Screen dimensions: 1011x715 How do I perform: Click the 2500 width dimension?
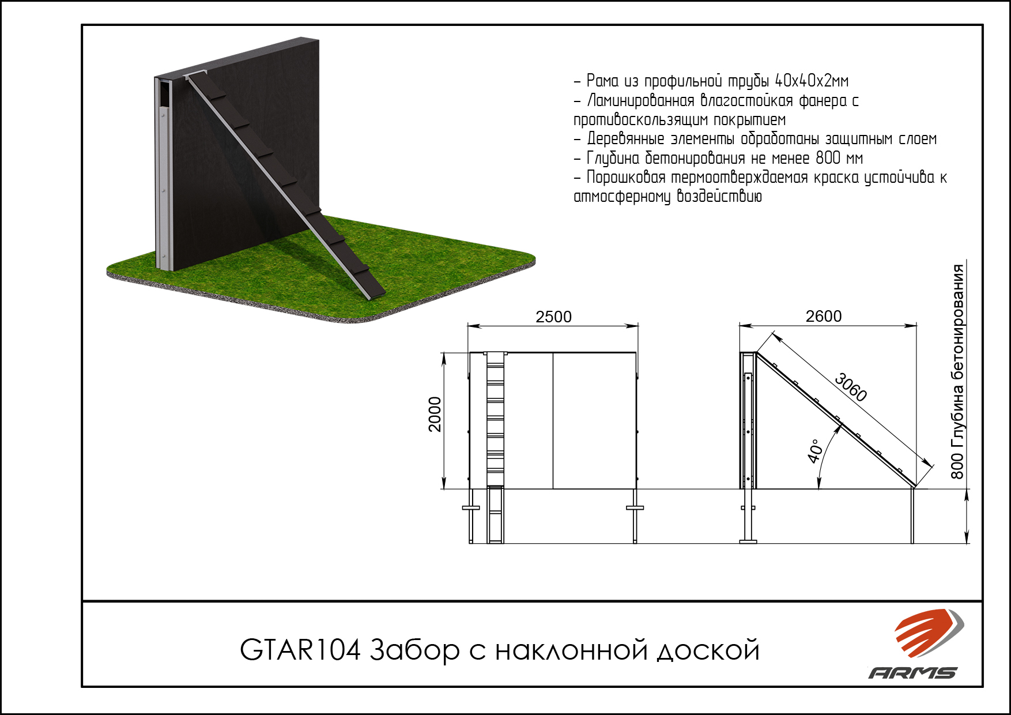(553, 317)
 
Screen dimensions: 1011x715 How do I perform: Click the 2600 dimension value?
(824, 316)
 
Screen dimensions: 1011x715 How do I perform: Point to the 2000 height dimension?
(435, 414)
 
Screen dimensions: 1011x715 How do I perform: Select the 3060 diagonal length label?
(851, 387)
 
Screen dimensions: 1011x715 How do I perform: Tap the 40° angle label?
(814, 451)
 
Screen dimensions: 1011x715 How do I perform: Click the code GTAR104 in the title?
(300, 650)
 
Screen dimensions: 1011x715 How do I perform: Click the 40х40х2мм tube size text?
(812, 81)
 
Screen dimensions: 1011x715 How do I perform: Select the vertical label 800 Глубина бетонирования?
(957, 371)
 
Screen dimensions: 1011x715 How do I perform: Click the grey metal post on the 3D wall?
(164, 173)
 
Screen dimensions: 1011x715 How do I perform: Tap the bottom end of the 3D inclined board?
(375, 293)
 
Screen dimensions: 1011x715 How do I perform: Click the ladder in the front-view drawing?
(496, 447)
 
